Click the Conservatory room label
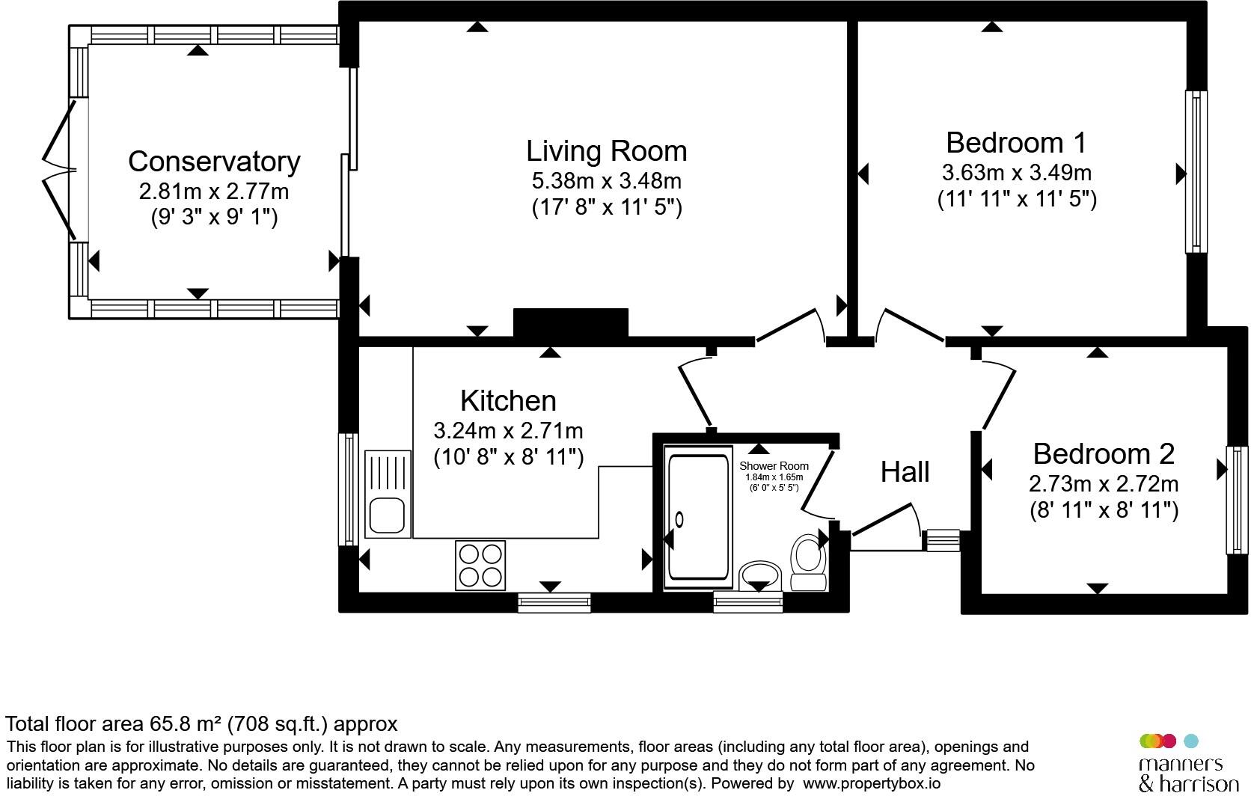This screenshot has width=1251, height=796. tap(214, 162)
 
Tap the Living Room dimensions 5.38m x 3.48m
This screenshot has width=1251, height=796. tap(607, 181)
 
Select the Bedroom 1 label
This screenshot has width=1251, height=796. tap(1016, 143)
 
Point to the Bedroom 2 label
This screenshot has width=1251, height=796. tap(1104, 454)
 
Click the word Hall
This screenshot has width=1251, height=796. tap(905, 472)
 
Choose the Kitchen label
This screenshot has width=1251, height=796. tap(508, 400)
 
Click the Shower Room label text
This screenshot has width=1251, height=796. tap(774, 466)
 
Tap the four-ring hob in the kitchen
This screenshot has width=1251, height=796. tap(480, 565)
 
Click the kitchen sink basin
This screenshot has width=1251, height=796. tap(387, 515)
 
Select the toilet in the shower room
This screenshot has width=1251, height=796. tap(808, 562)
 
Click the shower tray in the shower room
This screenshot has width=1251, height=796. tap(698, 517)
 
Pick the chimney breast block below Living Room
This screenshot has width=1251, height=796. tap(571, 323)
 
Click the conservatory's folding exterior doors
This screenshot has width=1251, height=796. tap(60, 170)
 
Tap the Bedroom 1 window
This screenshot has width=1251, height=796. tap(1196, 171)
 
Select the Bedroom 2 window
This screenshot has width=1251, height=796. tap(1237, 500)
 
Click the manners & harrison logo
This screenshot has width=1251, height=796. tap(1188, 764)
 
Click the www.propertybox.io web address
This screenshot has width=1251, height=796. tap(871, 784)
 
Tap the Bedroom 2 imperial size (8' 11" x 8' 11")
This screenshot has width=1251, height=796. tap(1104, 510)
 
